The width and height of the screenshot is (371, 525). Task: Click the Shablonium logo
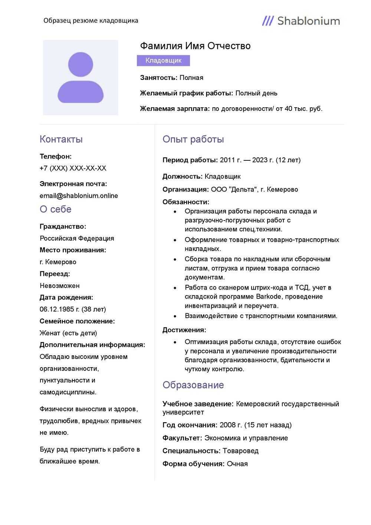coord(301,21)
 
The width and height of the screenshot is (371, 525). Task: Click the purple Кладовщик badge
coord(163,61)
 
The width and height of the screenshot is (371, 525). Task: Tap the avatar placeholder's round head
coord(81,64)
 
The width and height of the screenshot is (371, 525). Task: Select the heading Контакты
coord(61,139)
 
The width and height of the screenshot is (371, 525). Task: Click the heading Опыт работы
coord(193,139)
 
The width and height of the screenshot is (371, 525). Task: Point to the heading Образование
coord(193,385)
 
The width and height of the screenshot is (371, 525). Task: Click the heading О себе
coord(55,209)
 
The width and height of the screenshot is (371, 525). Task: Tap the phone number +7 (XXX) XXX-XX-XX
coord(73,168)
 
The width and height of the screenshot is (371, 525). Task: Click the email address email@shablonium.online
coord(79,196)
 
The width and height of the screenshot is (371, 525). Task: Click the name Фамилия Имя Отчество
coord(195,46)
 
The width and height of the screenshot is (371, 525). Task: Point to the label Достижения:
coord(184,330)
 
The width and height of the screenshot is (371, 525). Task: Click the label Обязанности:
coord(185,202)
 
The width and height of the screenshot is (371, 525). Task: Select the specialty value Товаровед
coord(240,451)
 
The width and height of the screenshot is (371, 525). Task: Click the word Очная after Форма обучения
coord(237,464)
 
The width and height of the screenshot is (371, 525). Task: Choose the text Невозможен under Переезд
coord(59,286)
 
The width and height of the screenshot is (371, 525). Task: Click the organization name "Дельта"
coord(243,189)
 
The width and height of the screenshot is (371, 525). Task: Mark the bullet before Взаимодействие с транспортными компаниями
coord(175,316)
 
